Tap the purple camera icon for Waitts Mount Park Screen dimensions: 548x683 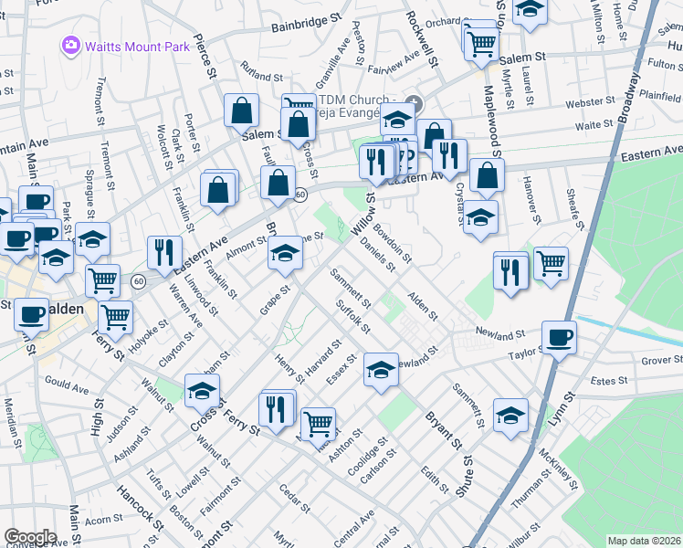click(69, 45)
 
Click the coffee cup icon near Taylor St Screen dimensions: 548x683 click(559, 337)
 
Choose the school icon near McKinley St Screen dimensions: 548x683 click(511, 415)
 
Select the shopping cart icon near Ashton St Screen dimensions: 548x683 click(317, 422)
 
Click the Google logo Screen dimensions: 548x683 click(30, 537)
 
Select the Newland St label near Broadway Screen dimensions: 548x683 click(500, 334)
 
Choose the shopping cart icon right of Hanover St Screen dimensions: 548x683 click(551, 263)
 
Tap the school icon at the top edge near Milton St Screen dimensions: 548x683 click(529, 9)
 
